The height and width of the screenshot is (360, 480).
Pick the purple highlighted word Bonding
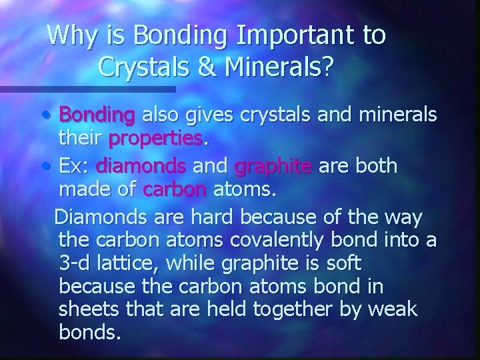(x=97, y=115)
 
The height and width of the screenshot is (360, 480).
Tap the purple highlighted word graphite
(x=273, y=165)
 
